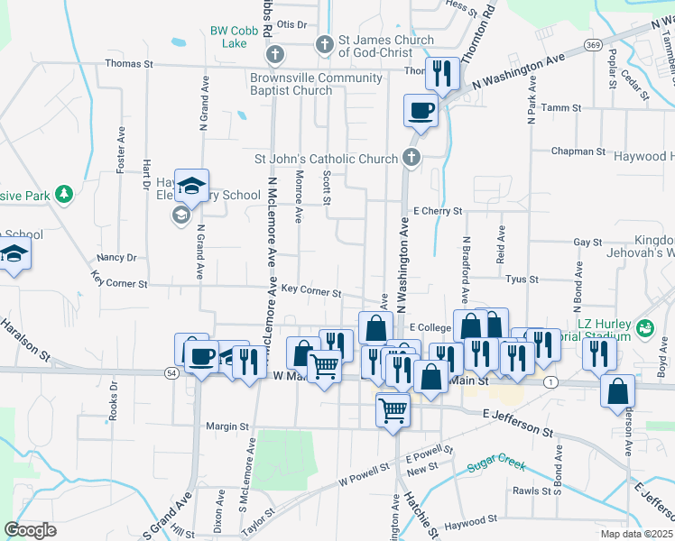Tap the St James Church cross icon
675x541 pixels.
tap(325, 43)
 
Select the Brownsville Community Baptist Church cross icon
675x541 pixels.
tap(276, 55)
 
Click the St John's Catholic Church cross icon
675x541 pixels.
tap(411, 158)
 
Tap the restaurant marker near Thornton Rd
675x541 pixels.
tap(441, 75)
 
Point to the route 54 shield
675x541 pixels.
tap(171, 371)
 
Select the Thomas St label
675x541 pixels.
tap(130, 64)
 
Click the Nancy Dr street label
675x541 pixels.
tap(116, 257)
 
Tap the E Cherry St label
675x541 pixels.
tap(438, 211)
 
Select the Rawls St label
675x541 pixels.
tap(531, 491)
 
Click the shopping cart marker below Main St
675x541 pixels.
tap(393, 410)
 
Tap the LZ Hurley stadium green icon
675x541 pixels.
tap(644, 326)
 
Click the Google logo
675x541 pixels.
tap(31, 530)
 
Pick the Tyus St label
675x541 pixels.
tap(522, 280)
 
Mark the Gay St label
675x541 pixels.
tap(587, 243)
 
